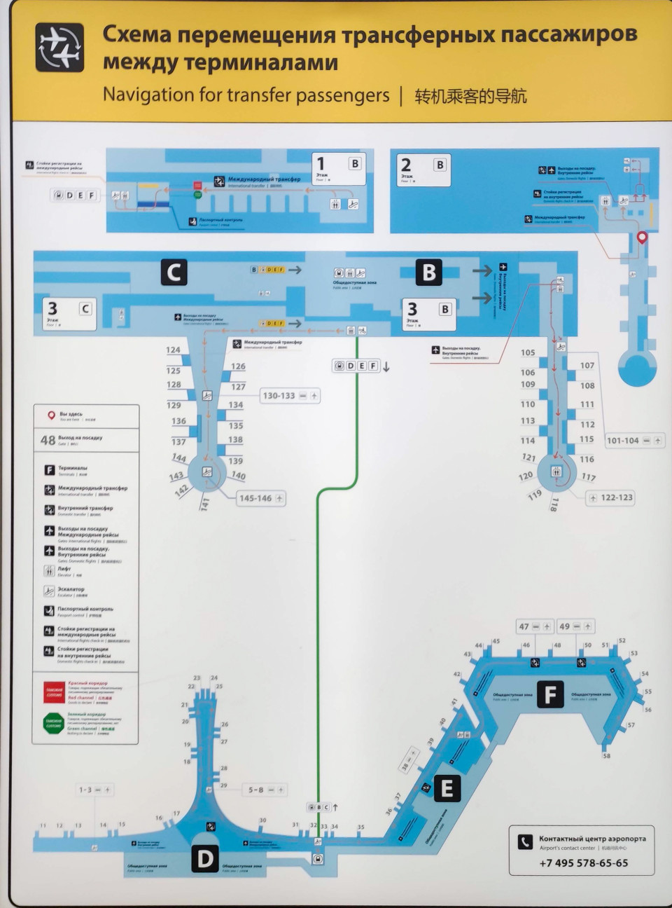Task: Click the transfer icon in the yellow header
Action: click(x=59, y=48)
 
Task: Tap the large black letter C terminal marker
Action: click(x=174, y=272)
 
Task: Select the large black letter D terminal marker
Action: click(x=205, y=859)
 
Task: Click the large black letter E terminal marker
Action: click(x=447, y=789)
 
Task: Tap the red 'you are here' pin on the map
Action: click(x=642, y=238)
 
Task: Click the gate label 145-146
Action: click(x=255, y=498)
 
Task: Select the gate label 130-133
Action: click(x=279, y=396)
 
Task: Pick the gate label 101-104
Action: click(x=622, y=441)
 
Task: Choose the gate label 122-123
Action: click(x=616, y=497)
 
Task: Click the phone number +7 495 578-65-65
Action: click(x=584, y=863)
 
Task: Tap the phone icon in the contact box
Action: click(x=525, y=841)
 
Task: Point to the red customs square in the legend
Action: click(x=54, y=692)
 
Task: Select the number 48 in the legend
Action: click(x=48, y=440)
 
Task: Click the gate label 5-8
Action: click(x=255, y=790)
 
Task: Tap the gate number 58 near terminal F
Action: click(x=606, y=755)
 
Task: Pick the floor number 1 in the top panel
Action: click(x=321, y=164)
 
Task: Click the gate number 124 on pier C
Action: click(x=173, y=350)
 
